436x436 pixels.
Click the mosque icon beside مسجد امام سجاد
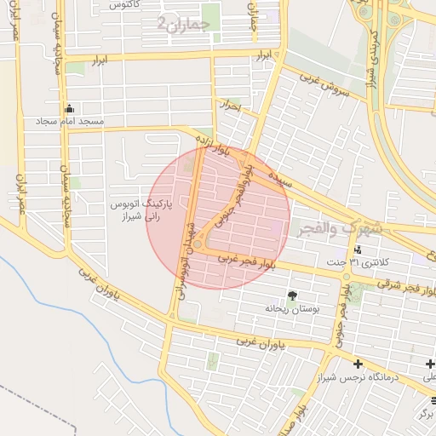[69, 109]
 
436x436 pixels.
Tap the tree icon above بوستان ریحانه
[293, 295]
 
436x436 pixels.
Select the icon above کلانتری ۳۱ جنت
[358, 250]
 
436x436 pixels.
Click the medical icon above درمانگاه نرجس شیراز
[430, 364]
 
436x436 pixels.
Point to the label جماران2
[183, 24]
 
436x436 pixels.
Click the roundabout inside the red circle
[198, 245]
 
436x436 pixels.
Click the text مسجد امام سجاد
[69, 123]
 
